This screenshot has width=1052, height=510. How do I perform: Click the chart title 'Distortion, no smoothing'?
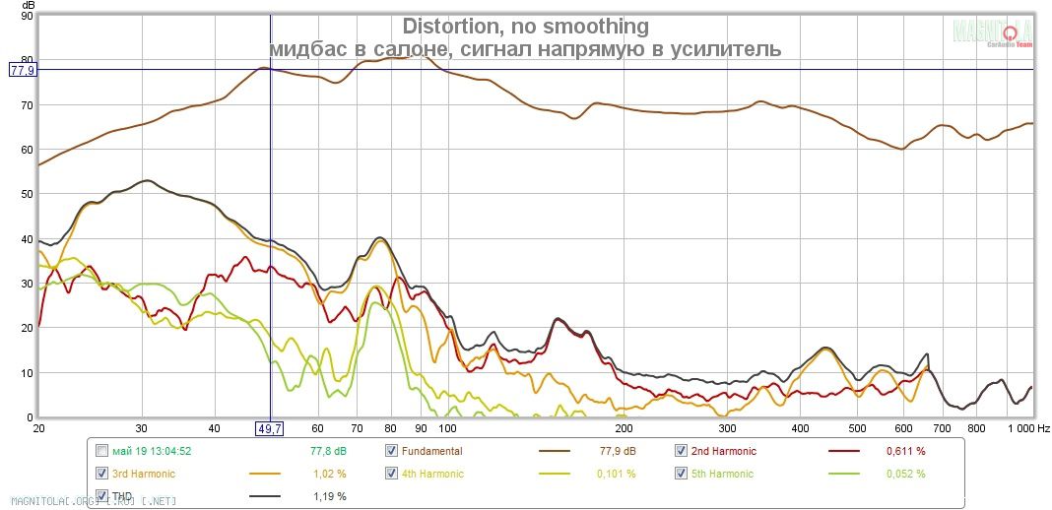[525, 26]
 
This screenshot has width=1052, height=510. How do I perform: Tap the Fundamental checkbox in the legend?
[392, 451]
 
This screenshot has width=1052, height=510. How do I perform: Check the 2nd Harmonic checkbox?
[681, 451]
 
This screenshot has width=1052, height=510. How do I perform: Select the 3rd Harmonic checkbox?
[102, 474]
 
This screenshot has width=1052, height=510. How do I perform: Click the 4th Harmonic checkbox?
[392, 474]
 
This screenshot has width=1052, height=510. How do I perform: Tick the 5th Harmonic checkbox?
[681, 474]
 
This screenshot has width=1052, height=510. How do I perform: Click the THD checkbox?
[102, 496]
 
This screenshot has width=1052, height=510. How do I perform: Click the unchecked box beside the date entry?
[102, 451]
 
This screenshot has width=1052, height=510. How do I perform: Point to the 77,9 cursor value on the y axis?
[22, 70]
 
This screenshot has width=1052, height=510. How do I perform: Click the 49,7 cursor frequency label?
[270, 428]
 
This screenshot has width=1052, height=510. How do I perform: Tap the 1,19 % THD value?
[329, 496]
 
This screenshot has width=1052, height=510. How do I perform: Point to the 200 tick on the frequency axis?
[623, 429]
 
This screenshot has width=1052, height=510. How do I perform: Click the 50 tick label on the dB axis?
[26, 194]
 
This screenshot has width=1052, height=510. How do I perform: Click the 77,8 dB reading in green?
[327, 451]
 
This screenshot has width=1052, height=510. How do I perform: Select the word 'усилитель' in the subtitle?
[728, 48]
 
